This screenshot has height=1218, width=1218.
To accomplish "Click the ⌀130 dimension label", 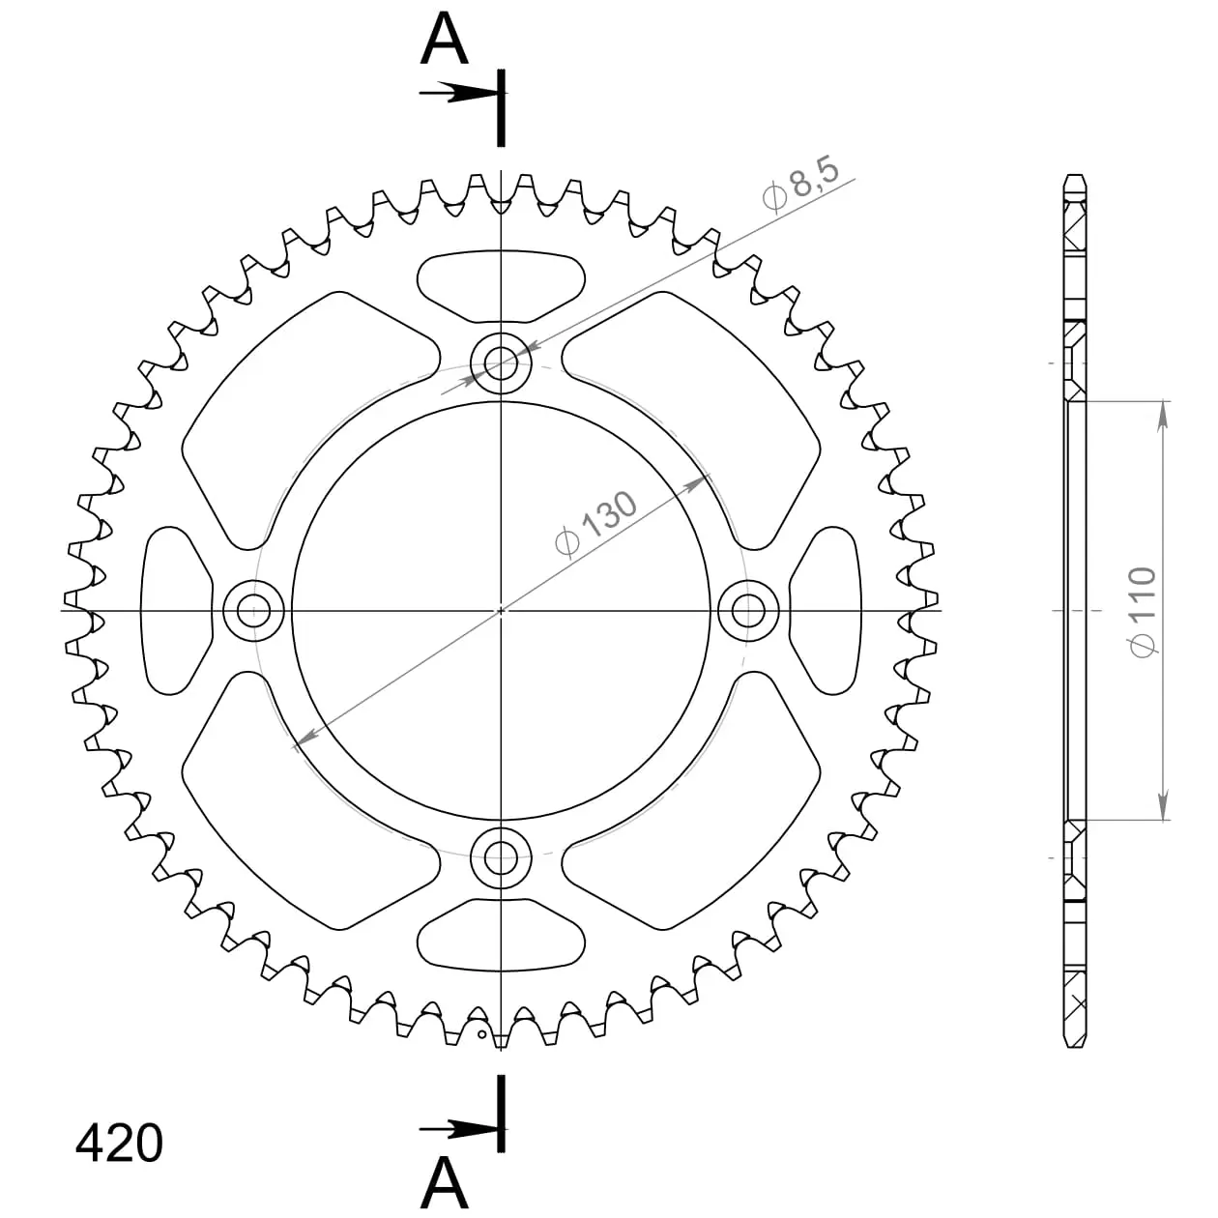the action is [x=596, y=524].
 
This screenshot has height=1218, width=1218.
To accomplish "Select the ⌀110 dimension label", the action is [x=1143, y=611].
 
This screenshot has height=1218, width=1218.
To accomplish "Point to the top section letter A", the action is [x=444, y=38].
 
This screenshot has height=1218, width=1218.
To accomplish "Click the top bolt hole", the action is [x=502, y=363].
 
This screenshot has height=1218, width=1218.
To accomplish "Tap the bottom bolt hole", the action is [x=502, y=858].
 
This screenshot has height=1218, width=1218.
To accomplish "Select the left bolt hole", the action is [x=253, y=611].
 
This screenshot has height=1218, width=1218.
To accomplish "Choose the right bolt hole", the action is [x=749, y=611].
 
